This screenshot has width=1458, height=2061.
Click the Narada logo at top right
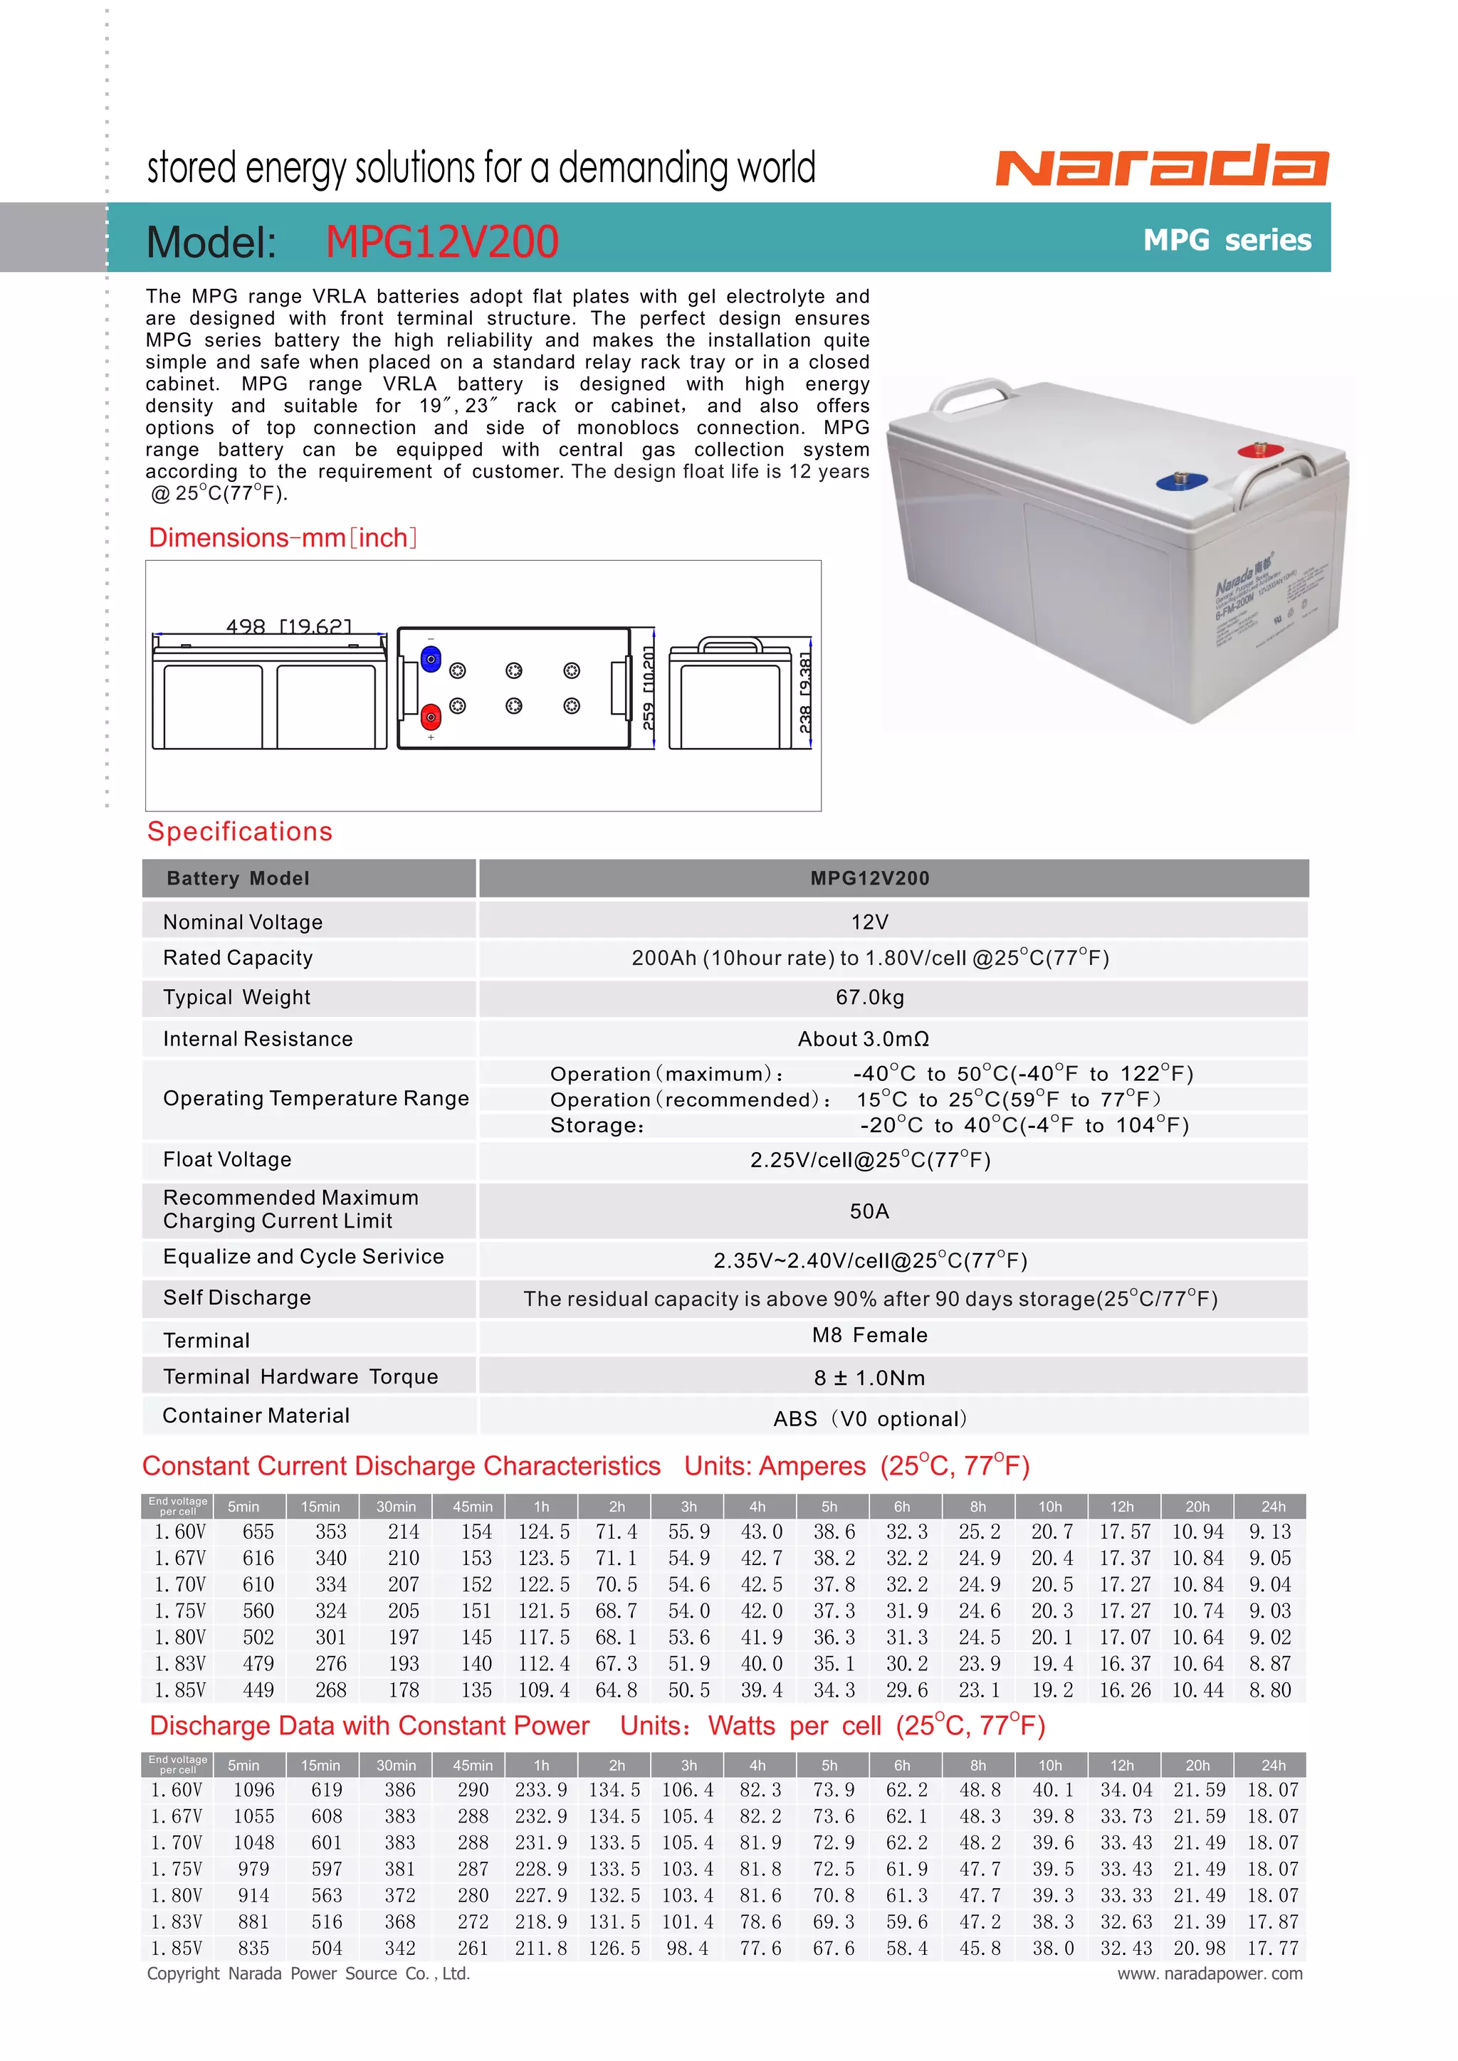tap(1162, 165)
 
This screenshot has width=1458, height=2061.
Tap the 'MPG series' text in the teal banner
tap(1227, 240)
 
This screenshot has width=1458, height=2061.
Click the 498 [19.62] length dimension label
tap(288, 626)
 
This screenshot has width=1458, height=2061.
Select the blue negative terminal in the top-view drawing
tap(431, 660)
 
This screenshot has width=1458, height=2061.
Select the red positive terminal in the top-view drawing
tap(431, 717)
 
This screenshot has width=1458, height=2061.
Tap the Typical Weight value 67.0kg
tap(869, 997)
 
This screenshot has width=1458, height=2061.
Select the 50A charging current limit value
tap(869, 1211)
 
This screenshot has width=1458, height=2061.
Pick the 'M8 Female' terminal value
tap(869, 1335)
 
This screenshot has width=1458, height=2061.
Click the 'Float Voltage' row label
tap(227, 1160)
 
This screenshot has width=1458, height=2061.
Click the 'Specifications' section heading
tap(240, 831)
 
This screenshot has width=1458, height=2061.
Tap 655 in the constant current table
tap(258, 1532)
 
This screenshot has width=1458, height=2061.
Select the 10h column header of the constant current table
tap(1049, 1507)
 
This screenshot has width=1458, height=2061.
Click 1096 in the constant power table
tap(254, 1790)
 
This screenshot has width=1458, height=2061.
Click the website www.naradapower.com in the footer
tap(1210, 1973)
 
